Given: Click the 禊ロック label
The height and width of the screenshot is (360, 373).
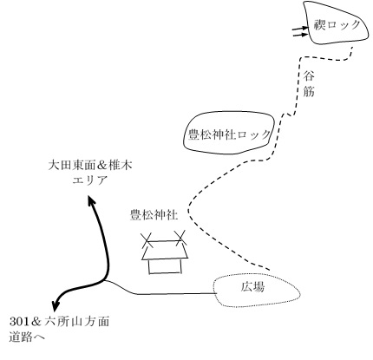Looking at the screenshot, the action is point(337,25).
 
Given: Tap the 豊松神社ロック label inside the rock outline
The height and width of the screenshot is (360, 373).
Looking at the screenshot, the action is point(229,134).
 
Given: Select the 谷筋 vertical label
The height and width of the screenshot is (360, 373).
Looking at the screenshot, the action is point(309,84).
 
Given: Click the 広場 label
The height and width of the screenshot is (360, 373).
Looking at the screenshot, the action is point(252,287).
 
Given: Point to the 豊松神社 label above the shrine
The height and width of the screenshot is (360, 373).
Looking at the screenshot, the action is point(154,215).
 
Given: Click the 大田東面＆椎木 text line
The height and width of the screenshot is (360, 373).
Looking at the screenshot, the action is point(90,166).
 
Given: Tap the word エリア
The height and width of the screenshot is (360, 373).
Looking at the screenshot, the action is point(90,180).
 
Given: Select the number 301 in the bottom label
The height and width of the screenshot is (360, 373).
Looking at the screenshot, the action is point(19,322).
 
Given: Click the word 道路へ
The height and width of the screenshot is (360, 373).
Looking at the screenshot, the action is point(27,337).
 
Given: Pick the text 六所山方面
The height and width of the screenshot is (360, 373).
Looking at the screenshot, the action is point(77,322).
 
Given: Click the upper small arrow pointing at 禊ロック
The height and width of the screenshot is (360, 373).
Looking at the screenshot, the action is point(300,29).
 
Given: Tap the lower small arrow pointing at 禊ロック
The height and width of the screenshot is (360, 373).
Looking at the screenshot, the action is point(300,35).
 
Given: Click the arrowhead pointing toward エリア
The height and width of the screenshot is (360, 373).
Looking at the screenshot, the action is point(91,200).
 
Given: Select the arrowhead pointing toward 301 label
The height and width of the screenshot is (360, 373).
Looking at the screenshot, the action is point(56,304).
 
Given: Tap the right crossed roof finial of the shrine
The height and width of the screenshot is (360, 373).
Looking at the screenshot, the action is point(180,238).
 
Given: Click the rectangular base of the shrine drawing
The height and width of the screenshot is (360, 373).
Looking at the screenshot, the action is point(165,266).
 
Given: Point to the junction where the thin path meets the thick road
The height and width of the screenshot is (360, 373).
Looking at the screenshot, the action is point(105,280).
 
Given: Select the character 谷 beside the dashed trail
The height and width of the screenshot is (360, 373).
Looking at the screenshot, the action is point(309,76).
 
